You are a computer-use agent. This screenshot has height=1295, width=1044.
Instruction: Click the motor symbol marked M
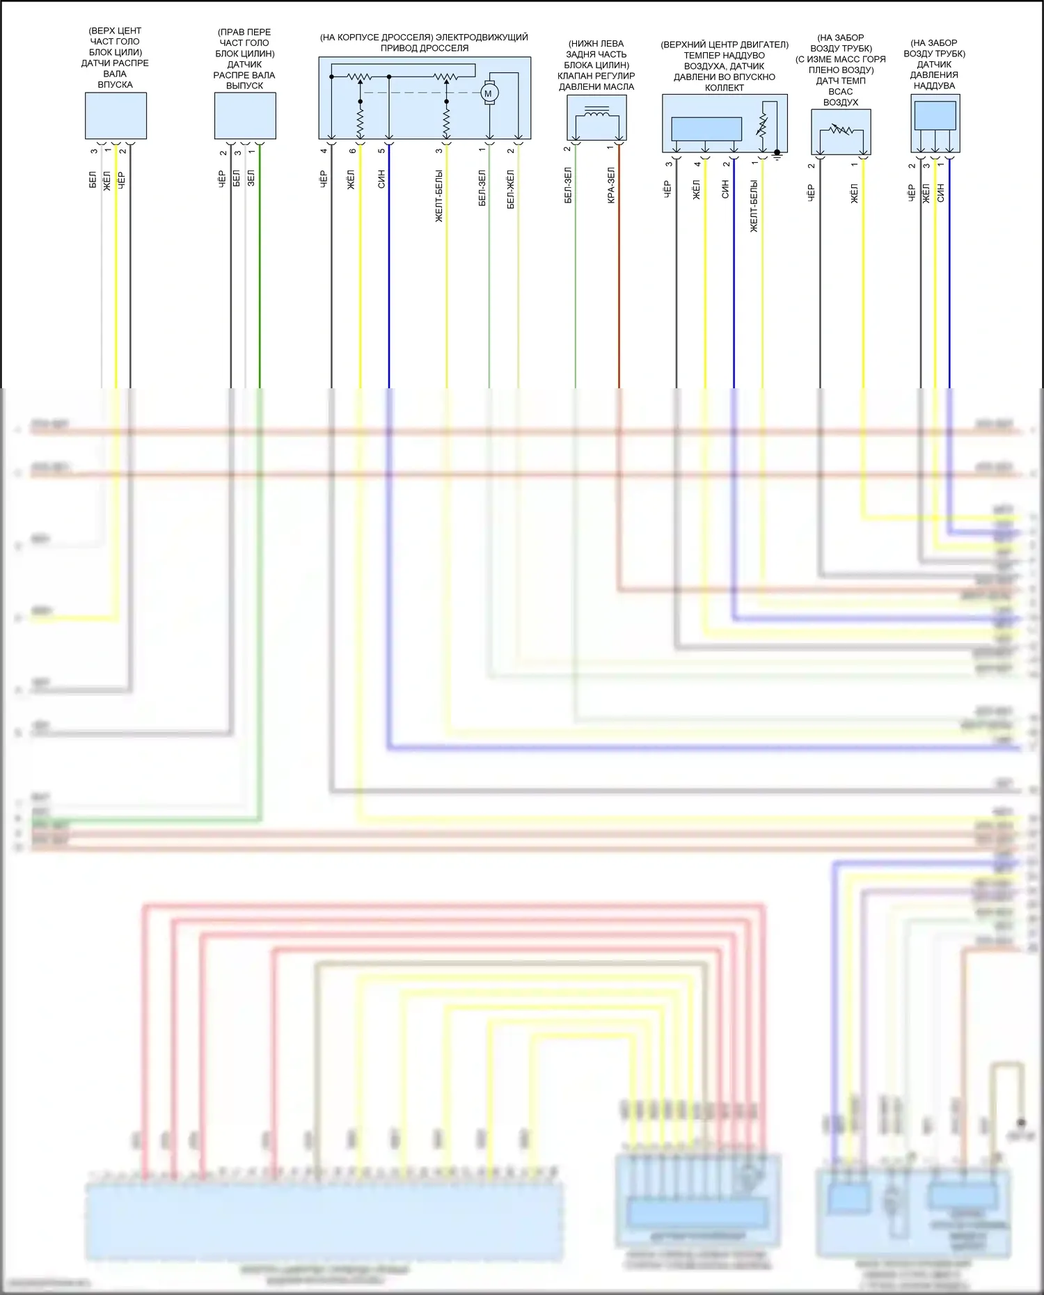[x=488, y=93]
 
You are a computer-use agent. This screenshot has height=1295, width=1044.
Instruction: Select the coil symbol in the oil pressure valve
[x=596, y=112]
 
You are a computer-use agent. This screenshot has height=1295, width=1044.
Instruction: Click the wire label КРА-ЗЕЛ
[x=611, y=185]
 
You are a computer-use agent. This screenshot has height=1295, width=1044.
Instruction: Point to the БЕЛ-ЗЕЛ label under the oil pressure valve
[x=568, y=185]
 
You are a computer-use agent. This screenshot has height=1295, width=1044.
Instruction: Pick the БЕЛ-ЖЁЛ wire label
[x=511, y=189]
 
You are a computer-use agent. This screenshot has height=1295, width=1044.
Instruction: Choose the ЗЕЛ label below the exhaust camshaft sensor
[x=251, y=177]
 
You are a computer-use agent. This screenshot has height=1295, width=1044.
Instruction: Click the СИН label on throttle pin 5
[x=381, y=179]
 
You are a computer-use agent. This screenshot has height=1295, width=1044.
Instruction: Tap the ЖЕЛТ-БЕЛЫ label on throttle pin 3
[x=439, y=196]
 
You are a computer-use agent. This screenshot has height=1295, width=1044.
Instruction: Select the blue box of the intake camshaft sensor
[x=116, y=116]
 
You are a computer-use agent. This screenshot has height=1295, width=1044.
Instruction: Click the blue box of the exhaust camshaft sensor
[x=245, y=116]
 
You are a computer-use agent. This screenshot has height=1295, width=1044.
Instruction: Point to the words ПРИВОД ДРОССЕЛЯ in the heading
[x=425, y=48]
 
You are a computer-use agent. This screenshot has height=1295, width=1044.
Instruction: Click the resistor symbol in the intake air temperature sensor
[x=841, y=130]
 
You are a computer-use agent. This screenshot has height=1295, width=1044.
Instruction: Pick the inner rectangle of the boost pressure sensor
[x=935, y=116]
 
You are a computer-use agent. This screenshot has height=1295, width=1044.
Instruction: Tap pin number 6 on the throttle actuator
[x=353, y=151]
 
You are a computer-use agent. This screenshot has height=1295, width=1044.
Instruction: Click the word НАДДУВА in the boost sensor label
[x=934, y=86]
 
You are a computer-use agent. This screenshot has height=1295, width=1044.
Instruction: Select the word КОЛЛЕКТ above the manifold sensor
[x=725, y=88]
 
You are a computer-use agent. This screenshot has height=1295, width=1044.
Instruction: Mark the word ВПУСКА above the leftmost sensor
[x=116, y=84]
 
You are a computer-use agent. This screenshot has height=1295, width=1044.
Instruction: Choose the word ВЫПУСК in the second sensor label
[x=244, y=86]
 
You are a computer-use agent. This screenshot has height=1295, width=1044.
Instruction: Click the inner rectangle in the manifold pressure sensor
[x=706, y=129]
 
